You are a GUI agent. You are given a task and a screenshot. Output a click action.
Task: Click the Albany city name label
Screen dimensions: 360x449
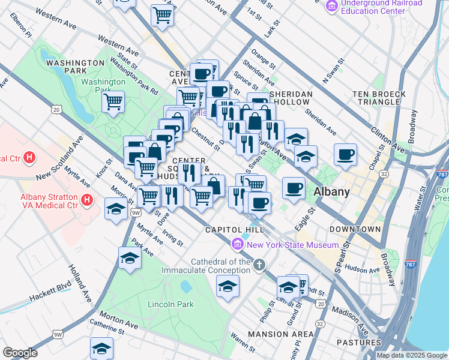click(x=331, y=192)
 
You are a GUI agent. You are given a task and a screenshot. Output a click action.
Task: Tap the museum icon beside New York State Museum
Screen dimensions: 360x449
click(x=237, y=245)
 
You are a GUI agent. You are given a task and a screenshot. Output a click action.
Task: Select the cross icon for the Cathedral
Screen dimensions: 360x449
click(x=259, y=265)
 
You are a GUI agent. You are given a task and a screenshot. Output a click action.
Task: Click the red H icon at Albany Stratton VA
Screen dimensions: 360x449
click(x=88, y=200)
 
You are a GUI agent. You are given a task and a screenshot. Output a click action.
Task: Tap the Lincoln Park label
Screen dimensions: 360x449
click(x=170, y=304)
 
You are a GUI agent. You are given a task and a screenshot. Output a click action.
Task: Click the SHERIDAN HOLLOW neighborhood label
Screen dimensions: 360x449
click(x=291, y=98)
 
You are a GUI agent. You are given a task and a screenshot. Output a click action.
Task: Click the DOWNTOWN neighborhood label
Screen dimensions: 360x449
click(x=354, y=229)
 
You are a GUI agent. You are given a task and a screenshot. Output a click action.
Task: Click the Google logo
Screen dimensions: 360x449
click(x=20, y=353)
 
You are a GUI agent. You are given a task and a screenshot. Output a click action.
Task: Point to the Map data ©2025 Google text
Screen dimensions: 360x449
click(x=412, y=355)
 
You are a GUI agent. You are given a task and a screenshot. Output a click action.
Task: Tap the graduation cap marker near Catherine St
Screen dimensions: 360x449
click(x=102, y=348)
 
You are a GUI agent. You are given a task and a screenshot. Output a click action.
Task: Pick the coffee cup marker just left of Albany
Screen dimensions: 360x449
click(x=294, y=188)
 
